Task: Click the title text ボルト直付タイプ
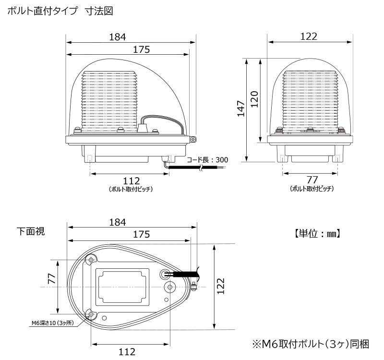click(x=42, y=11)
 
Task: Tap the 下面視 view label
click(x=31, y=231)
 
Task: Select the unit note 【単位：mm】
click(x=317, y=234)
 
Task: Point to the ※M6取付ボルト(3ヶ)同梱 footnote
click(x=311, y=344)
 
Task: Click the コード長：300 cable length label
click(x=207, y=160)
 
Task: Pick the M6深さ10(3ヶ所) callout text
click(x=53, y=323)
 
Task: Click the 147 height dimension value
click(x=241, y=108)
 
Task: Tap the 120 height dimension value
click(x=255, y=99)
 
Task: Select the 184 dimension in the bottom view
click(x=118, y=222)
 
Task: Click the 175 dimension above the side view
click(x=141, y=49)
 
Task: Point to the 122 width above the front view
click(x=309, y=36)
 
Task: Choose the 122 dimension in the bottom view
click(x=220, y=286)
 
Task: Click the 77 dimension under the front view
click(x=312, y=180)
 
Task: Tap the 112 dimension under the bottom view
click(x=127, y=352)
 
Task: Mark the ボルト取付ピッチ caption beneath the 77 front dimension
click(x=312, y=189)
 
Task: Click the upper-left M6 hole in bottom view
click(x=91, y=260)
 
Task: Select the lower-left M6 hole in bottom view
click(x=91, y=314)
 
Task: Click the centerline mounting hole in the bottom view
click(x=170, y=287)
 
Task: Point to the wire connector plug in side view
click(x=142, y=128)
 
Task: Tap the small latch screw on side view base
click(x=193, y=140)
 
